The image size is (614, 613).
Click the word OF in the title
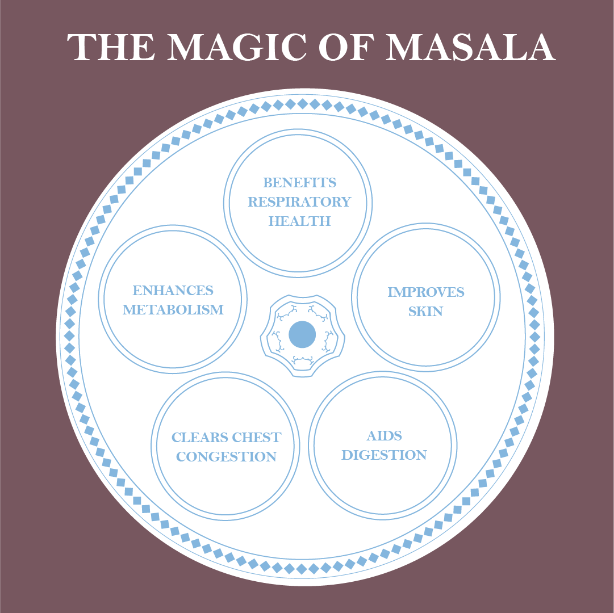(349, 48)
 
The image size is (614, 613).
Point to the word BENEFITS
(299, 183)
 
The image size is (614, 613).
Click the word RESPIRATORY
(299, 202)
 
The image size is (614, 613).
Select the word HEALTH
(299, 221)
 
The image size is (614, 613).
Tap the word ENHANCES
(173, 291)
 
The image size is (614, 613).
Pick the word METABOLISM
(173, 310)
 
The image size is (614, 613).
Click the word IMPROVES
(425, 292)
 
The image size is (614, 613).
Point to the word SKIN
(425, 312)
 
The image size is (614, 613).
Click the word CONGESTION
(226, 457)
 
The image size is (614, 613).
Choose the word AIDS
(384, 436)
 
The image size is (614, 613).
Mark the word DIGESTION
(384, 455)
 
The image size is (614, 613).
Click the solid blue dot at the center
(302, 335)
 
